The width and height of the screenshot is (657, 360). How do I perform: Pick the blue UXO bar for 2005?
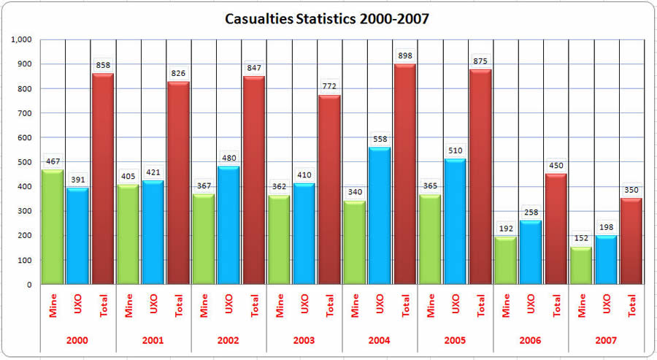(x=456, y=221)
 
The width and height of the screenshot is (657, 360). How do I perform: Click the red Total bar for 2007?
(x=632, y=241)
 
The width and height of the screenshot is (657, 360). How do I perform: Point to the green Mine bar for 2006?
(x=506, y=260)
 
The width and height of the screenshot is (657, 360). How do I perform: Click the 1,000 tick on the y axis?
(x=23, y=39)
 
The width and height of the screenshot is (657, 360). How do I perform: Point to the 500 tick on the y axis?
(x=26, y=161)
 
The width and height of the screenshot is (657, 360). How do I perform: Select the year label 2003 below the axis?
(x=304, y=341)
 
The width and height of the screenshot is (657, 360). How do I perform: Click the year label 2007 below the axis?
(x=607, y=341)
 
